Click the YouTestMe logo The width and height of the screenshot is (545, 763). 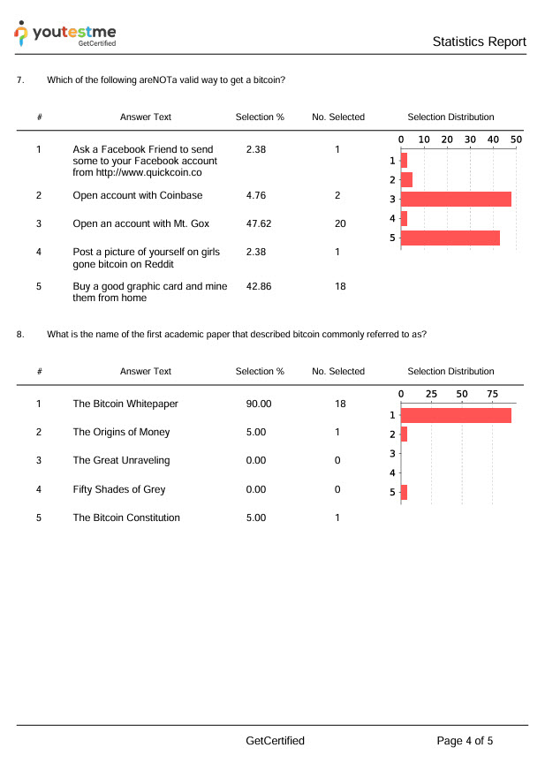[x=65, y=34]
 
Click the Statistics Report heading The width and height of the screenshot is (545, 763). [x=479, y=42]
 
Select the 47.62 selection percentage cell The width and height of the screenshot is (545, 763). [x=259, y=224]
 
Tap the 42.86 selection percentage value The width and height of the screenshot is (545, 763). [x=259, y=287]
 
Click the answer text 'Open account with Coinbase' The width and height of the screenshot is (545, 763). [x=138, y=196]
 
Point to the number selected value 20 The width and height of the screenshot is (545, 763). [x=340, y=224]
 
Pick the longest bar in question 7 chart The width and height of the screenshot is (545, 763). [x=456, y=199]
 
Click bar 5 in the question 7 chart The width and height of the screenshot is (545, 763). [x=450, y=238]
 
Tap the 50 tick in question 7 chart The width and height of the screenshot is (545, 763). [x=516, y=140]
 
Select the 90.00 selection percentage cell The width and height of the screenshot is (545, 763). [x=259, y=404]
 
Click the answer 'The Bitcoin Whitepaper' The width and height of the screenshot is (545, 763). [x=125, y=404]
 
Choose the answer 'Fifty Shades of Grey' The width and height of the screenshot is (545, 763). [x=119, y=489]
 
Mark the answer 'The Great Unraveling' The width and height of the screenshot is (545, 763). [x=121, y=461]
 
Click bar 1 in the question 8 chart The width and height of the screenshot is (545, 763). [x=456, y=415]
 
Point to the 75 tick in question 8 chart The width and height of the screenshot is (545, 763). [x=492, y=393]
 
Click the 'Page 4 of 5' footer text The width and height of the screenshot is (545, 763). [x=465, y=741]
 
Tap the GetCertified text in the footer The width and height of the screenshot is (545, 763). [x=276, y=741]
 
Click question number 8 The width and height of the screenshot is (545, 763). [x=20, y=334]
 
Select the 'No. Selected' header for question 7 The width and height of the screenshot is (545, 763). [x=338, y=117]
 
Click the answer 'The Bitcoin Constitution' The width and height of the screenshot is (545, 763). [x=126, y=517]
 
